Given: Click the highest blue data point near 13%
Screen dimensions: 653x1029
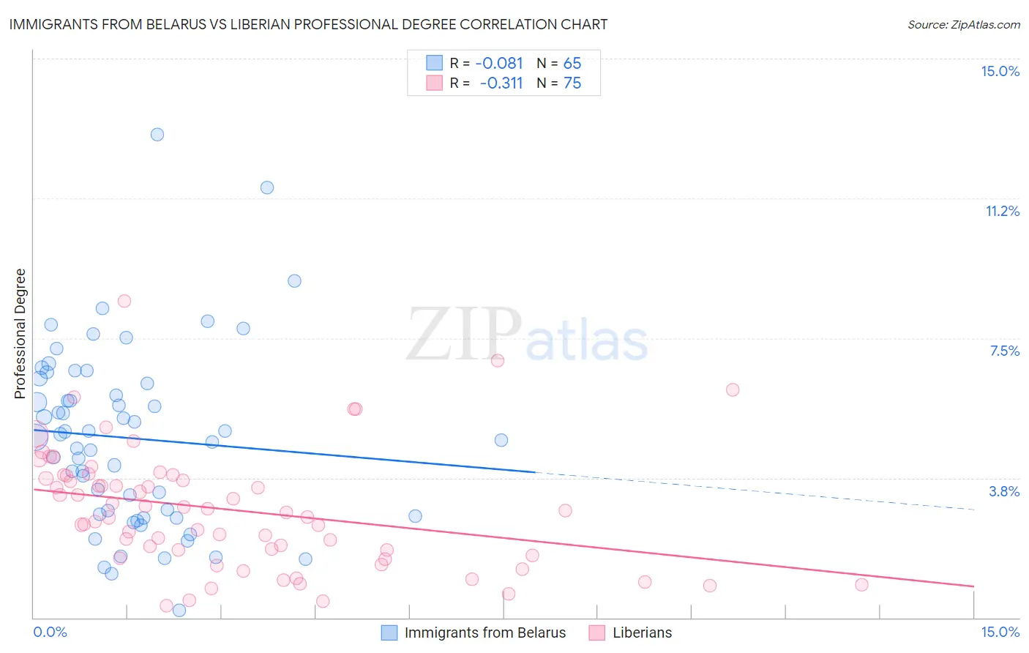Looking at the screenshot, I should coord(157,135).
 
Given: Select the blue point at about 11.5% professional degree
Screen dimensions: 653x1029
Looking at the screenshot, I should coord(267,187).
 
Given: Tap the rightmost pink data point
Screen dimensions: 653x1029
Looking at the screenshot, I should coord(861,584).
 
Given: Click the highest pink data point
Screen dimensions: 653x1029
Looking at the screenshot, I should coord(124,301).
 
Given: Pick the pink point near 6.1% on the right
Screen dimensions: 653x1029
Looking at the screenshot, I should coord(733,389).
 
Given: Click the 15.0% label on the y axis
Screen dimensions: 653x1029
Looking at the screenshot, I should coord(1000,71).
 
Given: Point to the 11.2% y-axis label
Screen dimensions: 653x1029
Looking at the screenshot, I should coord(1002,211).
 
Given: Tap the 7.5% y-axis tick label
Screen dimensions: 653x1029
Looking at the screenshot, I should coord(1004,351).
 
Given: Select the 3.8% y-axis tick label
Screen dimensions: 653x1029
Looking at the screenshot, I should coord(1004,491).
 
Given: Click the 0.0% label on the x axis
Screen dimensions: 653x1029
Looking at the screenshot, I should coord(50,632).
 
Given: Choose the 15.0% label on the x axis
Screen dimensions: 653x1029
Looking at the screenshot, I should coord(1000,632).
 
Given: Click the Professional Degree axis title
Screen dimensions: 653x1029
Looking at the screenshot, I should coord(20,334).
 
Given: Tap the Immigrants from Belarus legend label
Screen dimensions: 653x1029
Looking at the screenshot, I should coord(484,633).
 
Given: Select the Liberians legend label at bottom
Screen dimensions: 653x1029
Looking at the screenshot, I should coord(642,633).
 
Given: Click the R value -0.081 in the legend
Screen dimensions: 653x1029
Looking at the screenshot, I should coord(499,63).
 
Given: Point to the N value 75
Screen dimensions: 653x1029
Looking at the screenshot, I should coord(572,83).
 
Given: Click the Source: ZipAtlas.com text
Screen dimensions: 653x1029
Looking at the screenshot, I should coord(963,24).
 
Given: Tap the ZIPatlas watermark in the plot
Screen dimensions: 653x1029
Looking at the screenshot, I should coord(527,335).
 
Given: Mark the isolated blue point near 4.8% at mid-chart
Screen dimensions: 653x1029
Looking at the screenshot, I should coord(501,440).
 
